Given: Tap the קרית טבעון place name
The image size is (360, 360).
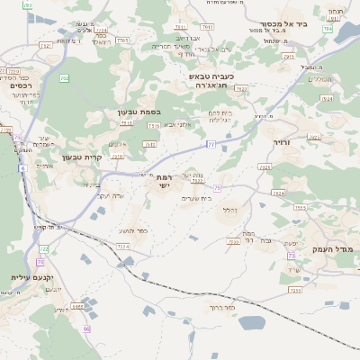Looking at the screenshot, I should tap(82, 157).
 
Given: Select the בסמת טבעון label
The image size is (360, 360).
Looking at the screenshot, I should tap(138, 112).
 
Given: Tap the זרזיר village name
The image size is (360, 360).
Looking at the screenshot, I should tap(283, 142).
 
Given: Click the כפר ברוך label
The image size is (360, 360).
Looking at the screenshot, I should tap(220, 309).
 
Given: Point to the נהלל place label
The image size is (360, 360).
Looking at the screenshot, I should tap(230, 211).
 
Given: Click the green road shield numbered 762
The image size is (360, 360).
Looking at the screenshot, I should tap(64, 79).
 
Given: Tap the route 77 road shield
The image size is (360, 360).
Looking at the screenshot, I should tap(211, 143).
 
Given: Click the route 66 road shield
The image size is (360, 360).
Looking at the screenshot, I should tap(86, 329).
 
